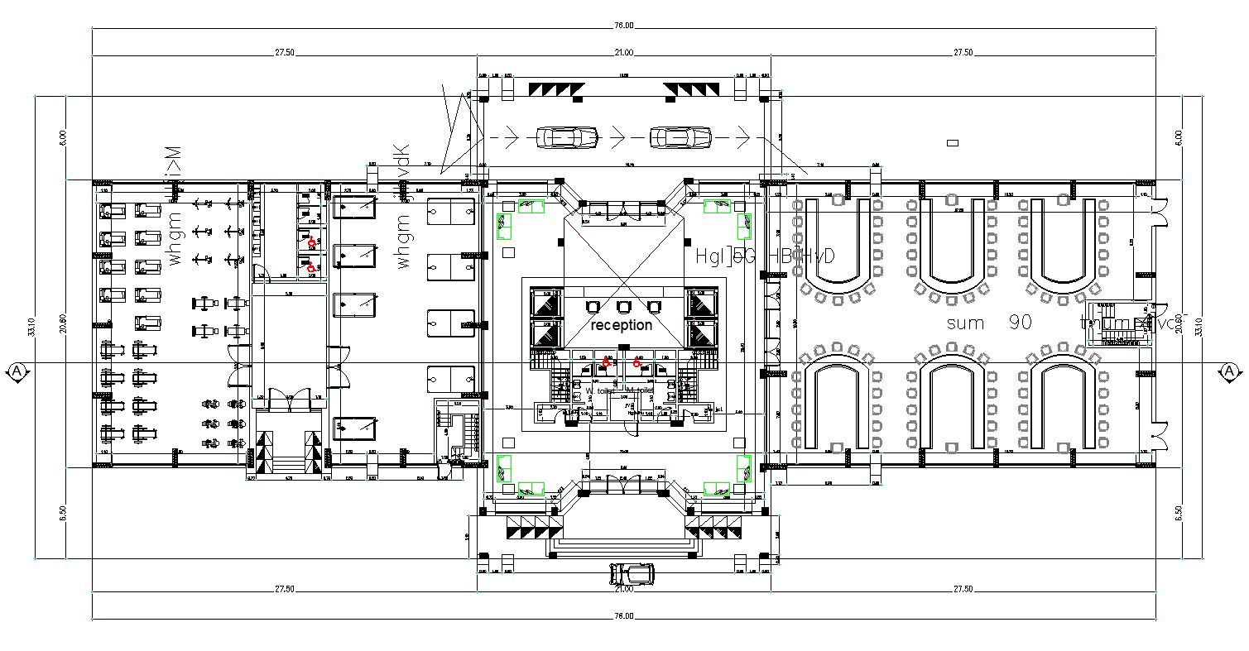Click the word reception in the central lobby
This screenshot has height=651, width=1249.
click(621, 325)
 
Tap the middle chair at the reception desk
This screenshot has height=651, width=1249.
click(623, 307)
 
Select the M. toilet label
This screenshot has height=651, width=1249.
click(641, 390)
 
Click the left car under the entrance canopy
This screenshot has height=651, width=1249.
click(567, 137)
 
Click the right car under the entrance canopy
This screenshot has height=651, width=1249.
click(680, 137)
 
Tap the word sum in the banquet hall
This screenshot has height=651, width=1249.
click(965, 323)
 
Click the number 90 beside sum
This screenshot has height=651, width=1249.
click(1021, 323)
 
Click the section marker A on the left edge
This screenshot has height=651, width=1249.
click(17, 372)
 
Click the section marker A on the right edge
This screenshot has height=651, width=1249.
click(1229, 372)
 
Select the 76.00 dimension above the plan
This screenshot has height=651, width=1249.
click(623, 26)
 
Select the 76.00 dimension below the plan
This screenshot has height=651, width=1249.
click(623, 616)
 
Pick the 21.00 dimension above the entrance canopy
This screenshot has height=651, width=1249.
click(623, 53)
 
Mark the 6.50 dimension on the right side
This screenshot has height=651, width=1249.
click(1179, 513)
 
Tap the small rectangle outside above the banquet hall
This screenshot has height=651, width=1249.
click(953, 143)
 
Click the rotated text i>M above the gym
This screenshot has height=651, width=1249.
click(172, 162)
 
